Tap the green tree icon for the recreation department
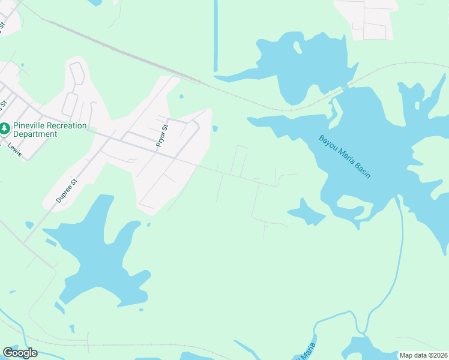(5, 129)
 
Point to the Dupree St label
(67, 191)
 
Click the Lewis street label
(15, 151)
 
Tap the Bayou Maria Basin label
(345, 157)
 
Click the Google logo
(20, 353)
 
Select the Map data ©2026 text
(424, 355)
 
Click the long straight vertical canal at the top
(215, 36)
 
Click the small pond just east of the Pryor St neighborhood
(215, 128)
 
